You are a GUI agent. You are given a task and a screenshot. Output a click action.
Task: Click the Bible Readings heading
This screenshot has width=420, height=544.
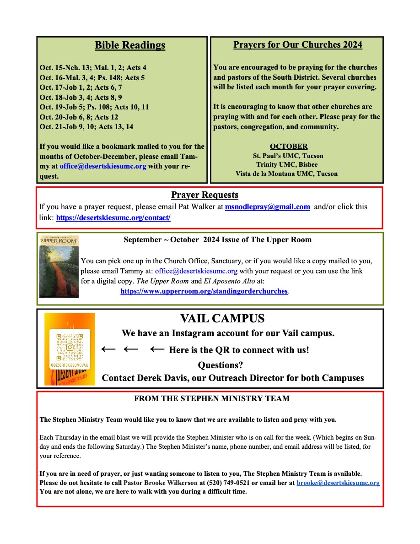pos(130,45)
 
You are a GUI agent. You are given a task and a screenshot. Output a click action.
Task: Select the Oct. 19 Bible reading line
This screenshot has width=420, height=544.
pos(94,107)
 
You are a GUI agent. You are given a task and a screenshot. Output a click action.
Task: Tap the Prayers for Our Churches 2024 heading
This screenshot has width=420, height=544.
pos(298,44)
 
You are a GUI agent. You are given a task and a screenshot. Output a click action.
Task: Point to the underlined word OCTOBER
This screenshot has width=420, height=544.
pos(289,147)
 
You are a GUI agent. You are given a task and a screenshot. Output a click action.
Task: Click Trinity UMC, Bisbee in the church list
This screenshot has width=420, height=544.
pos(287,164)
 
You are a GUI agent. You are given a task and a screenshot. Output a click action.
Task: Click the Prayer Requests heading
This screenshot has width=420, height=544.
pos(205,195)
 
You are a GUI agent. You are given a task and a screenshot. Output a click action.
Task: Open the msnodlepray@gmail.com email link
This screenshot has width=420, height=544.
pos(268,207)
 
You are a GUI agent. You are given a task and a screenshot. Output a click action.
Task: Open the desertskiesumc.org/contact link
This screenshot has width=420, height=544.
pos(113,218)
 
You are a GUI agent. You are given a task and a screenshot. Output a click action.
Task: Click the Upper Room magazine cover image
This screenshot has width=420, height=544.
pos(59,267)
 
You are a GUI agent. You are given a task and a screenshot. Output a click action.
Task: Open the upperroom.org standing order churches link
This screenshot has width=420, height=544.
pos(204,291)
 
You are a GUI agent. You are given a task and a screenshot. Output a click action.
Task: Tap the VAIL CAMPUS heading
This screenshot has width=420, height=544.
pos(222,319)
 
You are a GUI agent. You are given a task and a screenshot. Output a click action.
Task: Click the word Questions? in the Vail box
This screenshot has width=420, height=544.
pos(220,365)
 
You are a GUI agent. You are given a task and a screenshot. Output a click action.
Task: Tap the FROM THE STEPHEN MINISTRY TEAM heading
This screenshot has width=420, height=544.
pos(212,399)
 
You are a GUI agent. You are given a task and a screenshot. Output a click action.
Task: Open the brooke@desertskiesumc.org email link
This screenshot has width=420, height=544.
pos(338,483)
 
